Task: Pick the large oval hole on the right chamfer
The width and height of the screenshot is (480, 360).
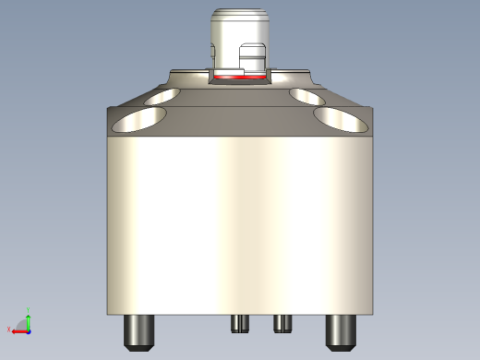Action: coord(341,118)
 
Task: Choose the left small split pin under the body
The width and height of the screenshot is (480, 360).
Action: coord(240,322)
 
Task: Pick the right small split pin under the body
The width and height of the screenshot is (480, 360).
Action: coord(282,322)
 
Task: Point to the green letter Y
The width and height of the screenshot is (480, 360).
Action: coord(29,311)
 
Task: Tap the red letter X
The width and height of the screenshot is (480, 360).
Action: coord(9,330)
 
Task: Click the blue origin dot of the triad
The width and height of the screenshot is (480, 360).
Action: coord(28,330)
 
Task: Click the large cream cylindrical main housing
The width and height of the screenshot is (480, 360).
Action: coord(239,222)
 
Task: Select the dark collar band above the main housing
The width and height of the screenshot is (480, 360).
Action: coord(239,120)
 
